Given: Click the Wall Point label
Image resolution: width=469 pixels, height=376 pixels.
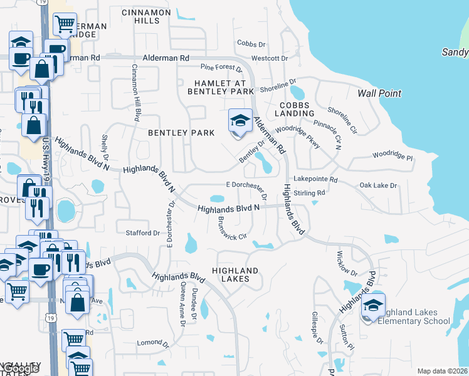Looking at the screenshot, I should tap(379, 93).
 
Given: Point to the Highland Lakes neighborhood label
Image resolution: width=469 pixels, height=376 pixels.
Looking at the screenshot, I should tap(238, 274).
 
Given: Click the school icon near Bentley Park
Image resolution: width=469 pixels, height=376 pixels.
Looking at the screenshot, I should tap(240, 120).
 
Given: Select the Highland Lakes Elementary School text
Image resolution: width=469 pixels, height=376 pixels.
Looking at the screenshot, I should tap(414, 317).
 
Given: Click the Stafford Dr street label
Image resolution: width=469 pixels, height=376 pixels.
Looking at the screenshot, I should tap(143, 233).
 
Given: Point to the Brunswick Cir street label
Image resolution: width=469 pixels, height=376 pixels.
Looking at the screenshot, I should tap(231, 229).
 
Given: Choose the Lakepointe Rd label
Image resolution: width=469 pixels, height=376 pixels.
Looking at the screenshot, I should tap(316, 179).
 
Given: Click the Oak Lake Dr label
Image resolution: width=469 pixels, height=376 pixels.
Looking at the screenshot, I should tap(378, 185).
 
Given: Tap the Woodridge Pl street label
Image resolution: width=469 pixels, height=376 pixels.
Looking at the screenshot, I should tap(393, 154).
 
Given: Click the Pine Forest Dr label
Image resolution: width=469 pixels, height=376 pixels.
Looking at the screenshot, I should tap(221, 67).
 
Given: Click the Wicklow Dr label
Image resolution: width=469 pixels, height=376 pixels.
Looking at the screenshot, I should tap(347, 264).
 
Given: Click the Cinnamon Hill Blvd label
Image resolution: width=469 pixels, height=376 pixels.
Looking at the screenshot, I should tap(135, 93).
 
